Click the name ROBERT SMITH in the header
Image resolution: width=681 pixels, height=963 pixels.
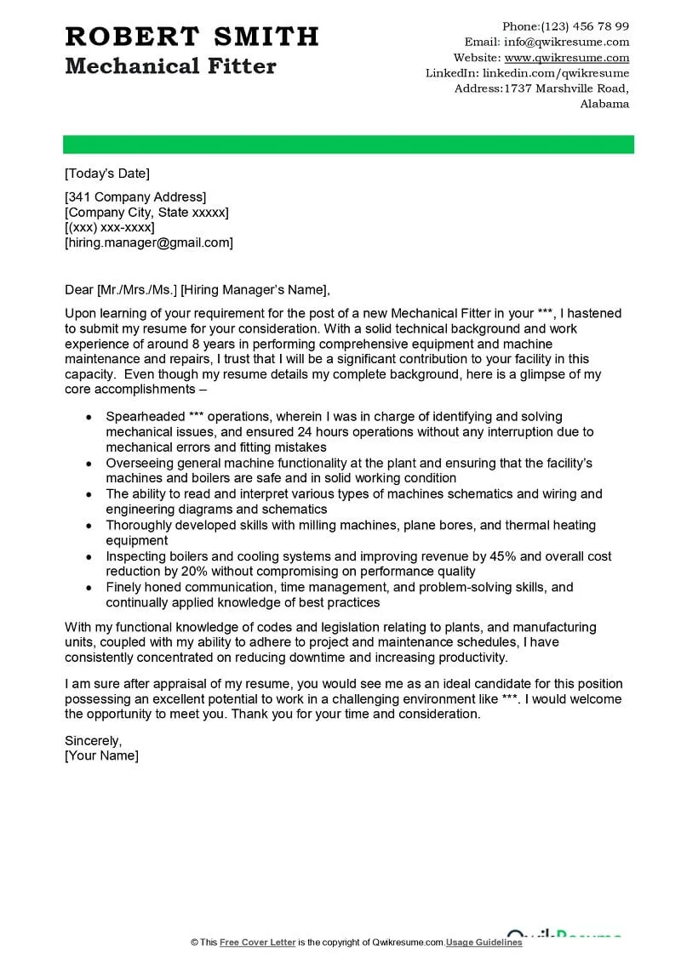pyautogui.click(x=192, y=37)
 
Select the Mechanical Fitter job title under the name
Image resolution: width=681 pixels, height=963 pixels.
pyautogui.click(x=170, y=66)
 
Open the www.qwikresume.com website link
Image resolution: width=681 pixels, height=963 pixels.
pyautogui.click(x=567, y=58)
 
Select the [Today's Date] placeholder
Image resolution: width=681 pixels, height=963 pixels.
pyautogui.click(x=107, y=174)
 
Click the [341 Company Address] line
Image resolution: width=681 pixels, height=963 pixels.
pyautogui.click(x=135, y=197)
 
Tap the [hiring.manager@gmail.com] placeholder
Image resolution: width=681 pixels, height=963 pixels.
pyautogui.click(x=149, y=242)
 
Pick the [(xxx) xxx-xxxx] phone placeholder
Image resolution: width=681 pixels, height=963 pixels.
pyautogui.click(x=110, y=227)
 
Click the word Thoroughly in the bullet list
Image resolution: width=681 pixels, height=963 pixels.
pyautogui.click(x=138, y=525)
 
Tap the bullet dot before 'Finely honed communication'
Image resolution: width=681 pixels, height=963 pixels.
pyautogui.click(x=89, y=588)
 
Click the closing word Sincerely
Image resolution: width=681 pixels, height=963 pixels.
pyautogui.click(x=94, y=740)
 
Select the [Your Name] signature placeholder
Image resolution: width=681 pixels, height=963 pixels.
pyautogui.click(x=101, y=755)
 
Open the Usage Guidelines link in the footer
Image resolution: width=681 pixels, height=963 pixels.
pyautogui.click(x=484, y=942)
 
